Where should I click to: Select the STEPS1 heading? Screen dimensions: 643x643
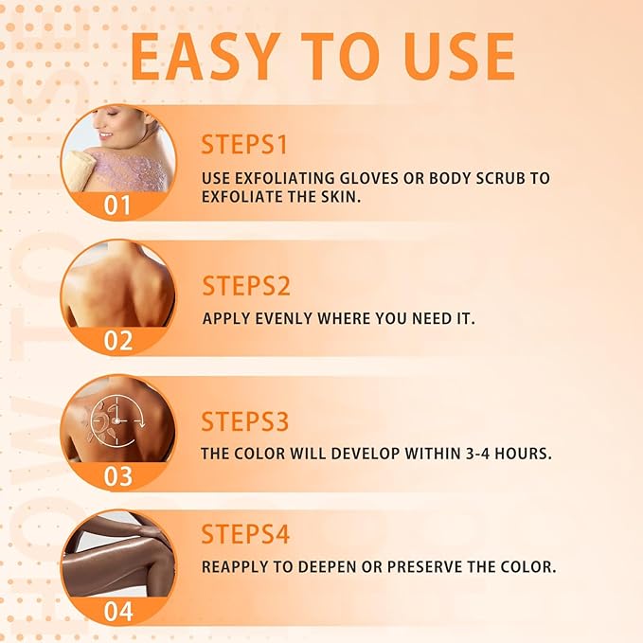pos(244,145)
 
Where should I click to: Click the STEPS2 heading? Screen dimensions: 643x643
pos(245,285)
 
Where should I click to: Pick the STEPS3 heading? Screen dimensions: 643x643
pos(245,421)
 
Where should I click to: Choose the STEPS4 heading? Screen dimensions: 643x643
pos(245,534)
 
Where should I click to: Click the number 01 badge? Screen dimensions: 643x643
pos(117,205)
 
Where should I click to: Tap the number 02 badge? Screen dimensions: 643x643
pos(117,341)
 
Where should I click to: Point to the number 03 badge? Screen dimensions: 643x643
pos(117,476)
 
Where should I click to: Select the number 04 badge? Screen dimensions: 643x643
pos(117,612)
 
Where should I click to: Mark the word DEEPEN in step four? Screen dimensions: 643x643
pos(351,567)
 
